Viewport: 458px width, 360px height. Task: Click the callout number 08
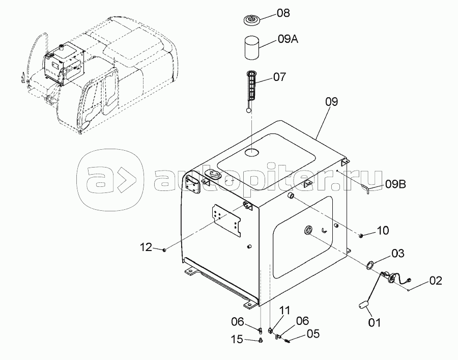(283, 13)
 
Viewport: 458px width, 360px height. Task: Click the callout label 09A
(288, 39)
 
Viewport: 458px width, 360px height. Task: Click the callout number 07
(279, 77)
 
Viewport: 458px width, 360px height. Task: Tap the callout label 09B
(395, 184)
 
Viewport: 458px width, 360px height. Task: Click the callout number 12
(147, 247)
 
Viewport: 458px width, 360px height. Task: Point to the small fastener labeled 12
(164, 250)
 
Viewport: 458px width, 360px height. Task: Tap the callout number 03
(397, 254)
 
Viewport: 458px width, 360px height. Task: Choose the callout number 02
(435, 281)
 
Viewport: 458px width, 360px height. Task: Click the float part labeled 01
(363, 306)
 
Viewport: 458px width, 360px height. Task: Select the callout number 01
(374, 323)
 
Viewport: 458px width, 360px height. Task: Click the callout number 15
(237, 340)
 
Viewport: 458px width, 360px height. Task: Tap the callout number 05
(313, 334)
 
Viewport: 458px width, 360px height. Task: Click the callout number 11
(285, 311)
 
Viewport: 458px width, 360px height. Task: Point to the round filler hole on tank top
(252, 152)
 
